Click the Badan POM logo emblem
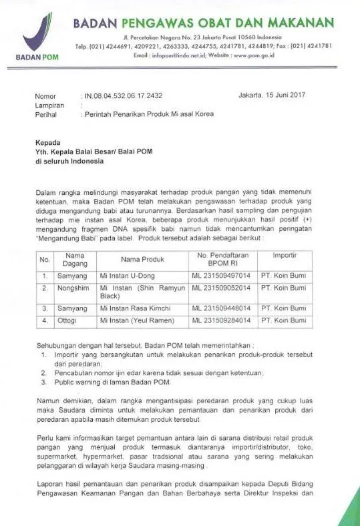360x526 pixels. click(37, 34)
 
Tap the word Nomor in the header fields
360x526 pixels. click(45, 96)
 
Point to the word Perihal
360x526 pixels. click(46, 114)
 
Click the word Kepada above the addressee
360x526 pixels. click(48, 143)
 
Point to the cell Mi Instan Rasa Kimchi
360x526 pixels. click(134, 308)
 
